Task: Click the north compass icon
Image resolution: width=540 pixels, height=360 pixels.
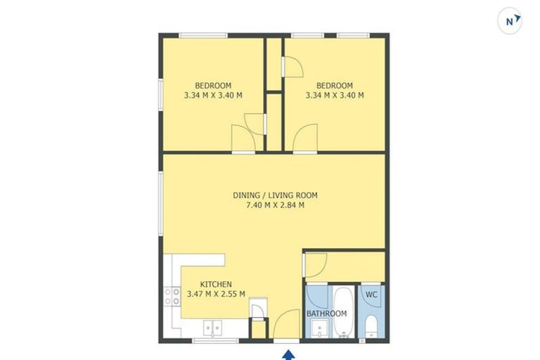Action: coord(510,21)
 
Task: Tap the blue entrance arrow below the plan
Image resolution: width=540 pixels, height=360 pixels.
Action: coord(286,355)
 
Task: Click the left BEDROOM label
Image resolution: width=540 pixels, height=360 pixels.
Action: coord(213,86)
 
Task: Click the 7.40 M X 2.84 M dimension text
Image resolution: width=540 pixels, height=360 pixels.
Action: coord(274,205)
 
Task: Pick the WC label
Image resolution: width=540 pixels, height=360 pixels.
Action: coord(372,295)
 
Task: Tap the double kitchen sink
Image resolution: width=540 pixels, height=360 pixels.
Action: coord(212,328)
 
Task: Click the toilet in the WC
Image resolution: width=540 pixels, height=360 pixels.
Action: coord(371,327)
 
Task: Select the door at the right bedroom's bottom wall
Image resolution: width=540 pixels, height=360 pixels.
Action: coord(307,138)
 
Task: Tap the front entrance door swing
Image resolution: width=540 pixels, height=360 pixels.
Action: coord(285,326)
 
